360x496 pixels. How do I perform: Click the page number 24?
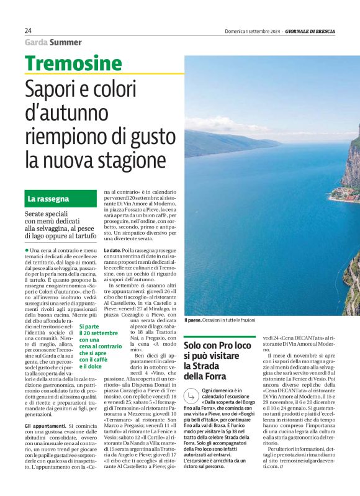(x=29, y=30)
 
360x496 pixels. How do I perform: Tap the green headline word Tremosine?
(x=74, y=63)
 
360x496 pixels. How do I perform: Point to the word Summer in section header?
(x=66, y=42)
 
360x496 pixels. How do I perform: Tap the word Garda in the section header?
(x=36, y=42)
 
